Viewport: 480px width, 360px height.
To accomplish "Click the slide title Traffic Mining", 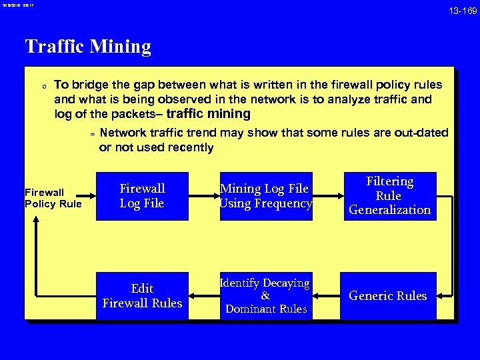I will coord(88,47).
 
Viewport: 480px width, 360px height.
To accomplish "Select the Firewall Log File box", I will coord(142,196).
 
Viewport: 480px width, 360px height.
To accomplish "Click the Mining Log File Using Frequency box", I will coord(265,196).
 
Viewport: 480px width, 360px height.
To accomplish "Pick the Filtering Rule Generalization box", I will coord(390,196).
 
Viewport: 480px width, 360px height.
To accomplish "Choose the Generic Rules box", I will coord(388,295).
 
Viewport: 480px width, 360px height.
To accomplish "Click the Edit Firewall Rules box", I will coord(142,295).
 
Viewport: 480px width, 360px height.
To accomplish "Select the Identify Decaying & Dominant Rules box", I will coord(265,295).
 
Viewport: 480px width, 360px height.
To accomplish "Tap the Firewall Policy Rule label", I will coord(53,198).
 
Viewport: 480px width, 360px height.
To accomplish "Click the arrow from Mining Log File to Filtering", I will coord(327,196).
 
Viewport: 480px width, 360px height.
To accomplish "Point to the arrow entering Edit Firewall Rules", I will coord(203,295).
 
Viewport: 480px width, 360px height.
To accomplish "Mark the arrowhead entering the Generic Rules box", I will coord(442,295).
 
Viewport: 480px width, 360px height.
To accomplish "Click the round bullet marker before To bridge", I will coord(43,86).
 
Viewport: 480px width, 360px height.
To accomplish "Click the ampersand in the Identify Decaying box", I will coord(265,296).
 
